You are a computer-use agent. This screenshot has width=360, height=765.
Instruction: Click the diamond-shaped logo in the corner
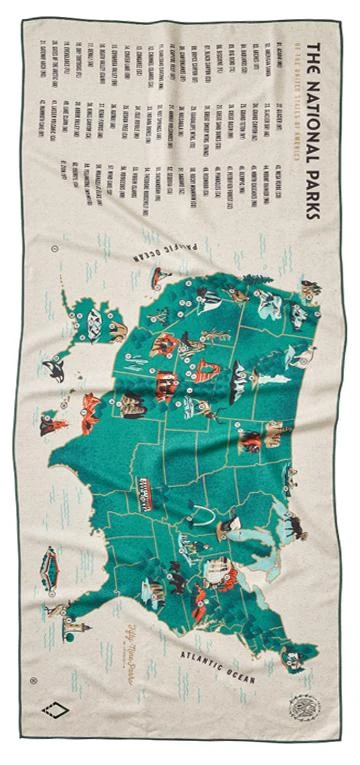(x=56, y=711)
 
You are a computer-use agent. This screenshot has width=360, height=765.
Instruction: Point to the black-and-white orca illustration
(x=52, y=371)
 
